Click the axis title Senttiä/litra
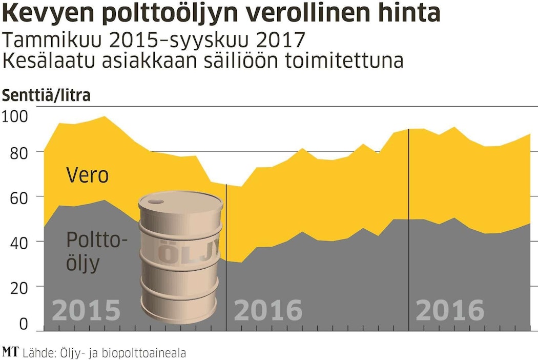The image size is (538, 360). (47, 95)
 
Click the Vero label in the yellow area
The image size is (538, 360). (88, 175)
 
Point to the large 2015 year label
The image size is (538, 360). (87, 310)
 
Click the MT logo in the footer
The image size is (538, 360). (10, 352)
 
